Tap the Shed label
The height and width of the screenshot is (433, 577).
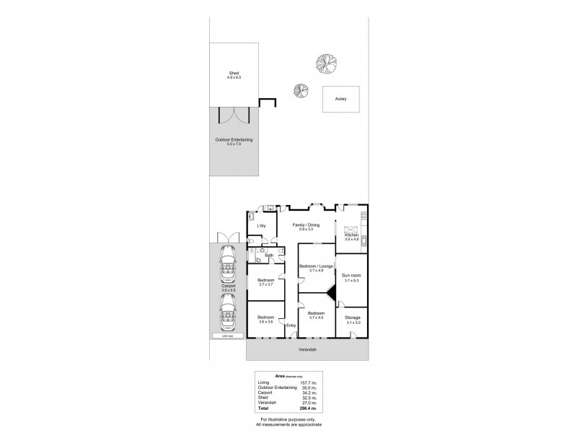[234, 73]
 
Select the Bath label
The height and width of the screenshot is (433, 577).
[268, 255]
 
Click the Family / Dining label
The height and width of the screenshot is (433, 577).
[306, 225]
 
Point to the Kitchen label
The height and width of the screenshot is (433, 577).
[351, 235]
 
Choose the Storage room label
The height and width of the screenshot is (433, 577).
[352, 318]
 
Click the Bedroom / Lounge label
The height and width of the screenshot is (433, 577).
[316, 267]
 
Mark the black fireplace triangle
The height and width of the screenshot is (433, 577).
[331, 291]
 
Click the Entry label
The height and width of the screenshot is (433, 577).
[291, 325]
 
